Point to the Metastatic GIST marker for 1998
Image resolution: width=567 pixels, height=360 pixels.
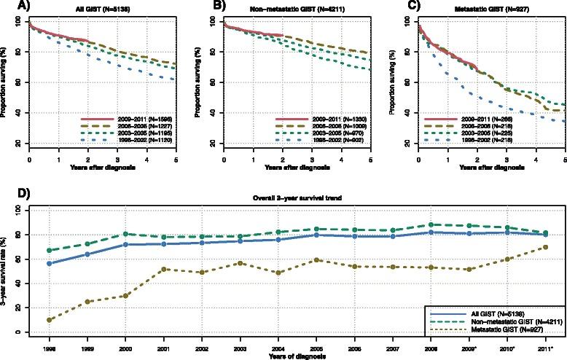[x=50, y=320]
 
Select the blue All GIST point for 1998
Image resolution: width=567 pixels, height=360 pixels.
[x=50, y=263]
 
